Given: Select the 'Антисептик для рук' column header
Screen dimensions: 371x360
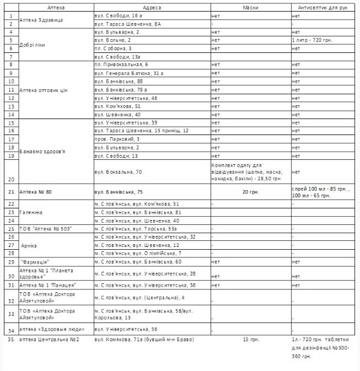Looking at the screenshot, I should (323, 8).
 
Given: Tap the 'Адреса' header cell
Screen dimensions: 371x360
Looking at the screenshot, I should (152, 8).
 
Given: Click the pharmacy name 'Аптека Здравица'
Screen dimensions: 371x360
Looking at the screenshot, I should (41, 20).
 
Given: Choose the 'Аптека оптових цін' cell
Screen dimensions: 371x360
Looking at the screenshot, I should (44, 89).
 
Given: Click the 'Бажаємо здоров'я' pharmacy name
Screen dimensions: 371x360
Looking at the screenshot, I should (44, 150).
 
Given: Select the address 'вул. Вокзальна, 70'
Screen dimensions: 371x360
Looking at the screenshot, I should (118, 172).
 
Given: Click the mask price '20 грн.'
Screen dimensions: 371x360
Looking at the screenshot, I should (250, 192).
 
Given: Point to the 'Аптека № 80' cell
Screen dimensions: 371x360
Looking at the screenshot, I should (36, 192).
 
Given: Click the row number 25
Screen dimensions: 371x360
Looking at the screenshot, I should (10, 228).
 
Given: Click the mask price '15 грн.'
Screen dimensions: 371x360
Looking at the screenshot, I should (250, 339).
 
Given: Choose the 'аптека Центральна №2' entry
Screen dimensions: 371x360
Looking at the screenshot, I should (50, 339).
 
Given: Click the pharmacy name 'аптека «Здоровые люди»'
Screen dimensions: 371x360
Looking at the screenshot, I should (49, 329).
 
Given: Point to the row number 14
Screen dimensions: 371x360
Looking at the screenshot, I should (10, 114).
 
